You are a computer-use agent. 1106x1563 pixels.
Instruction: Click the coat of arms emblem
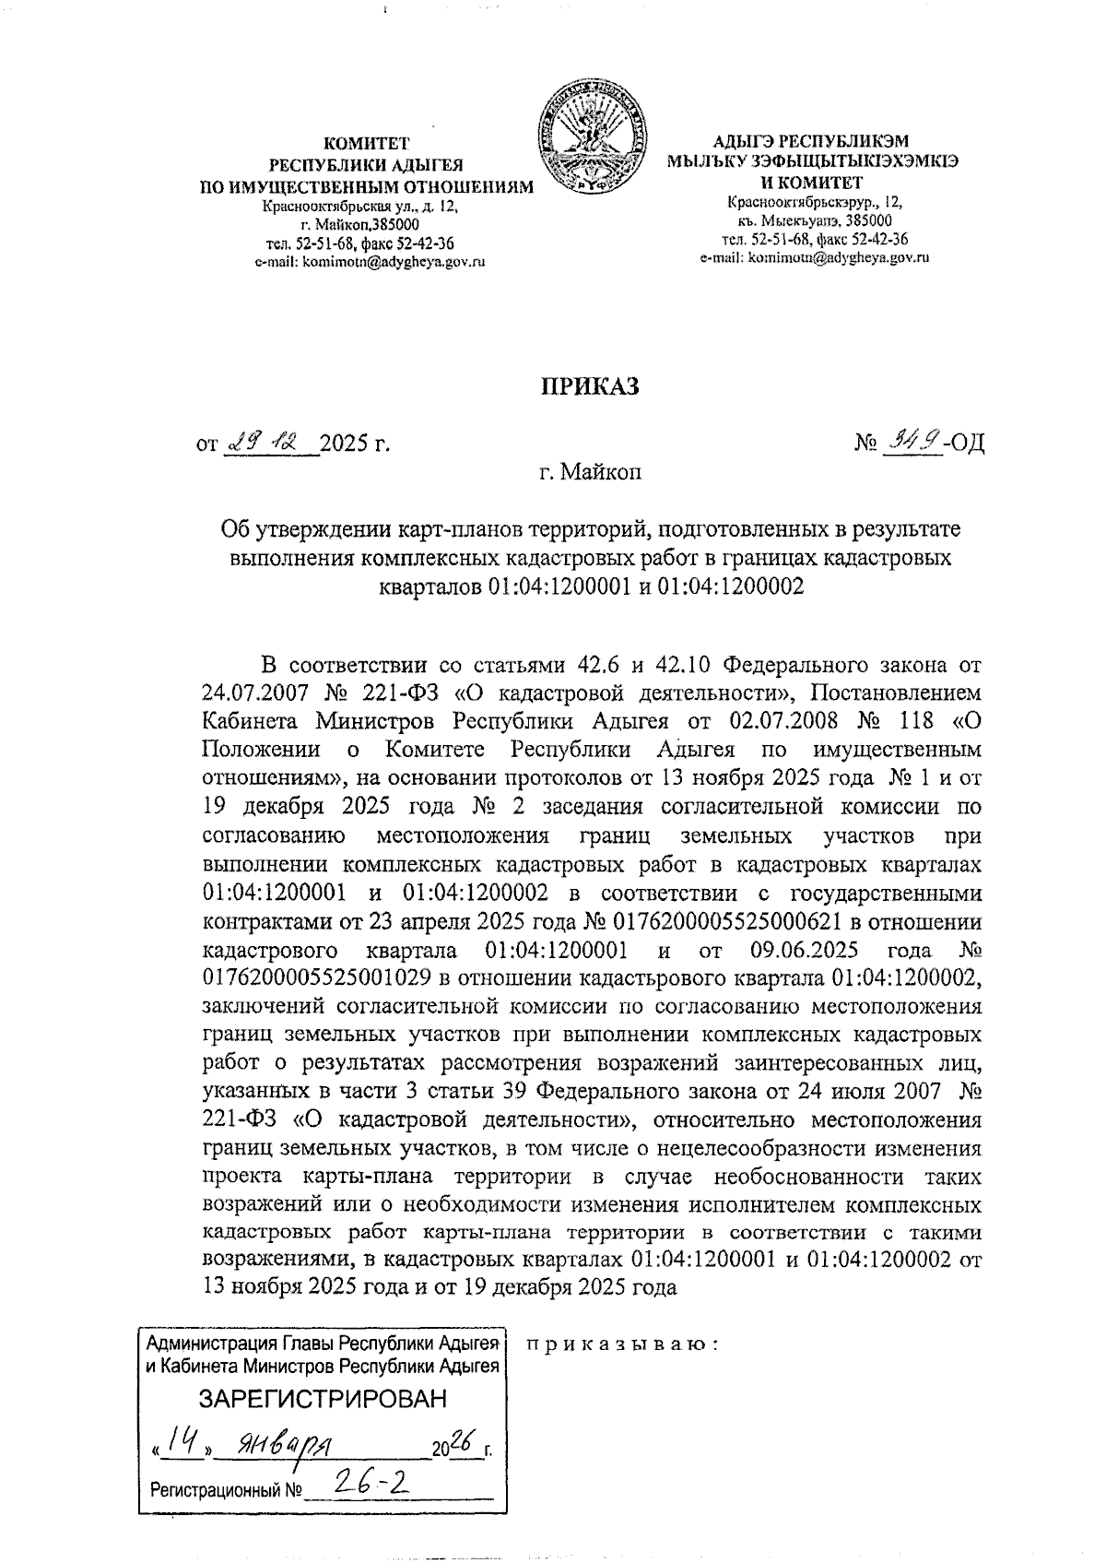coord(591,138)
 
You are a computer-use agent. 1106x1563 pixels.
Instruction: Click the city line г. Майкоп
coord(589,474)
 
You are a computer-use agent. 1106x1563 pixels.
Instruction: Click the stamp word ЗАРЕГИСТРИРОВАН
coord(323,1398)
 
